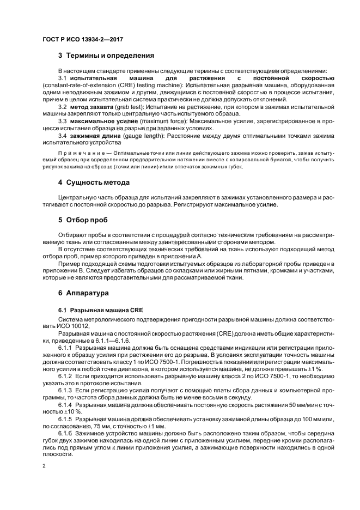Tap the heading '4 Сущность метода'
point(94,183)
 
